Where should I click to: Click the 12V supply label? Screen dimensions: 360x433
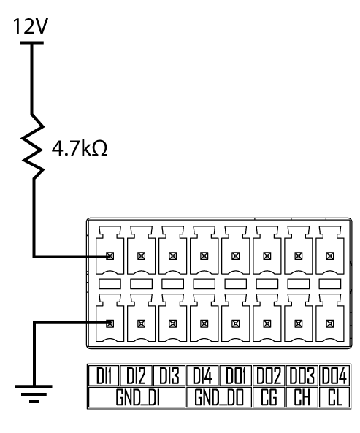[31, 26]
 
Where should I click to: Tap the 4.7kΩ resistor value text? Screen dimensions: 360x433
[80, 148]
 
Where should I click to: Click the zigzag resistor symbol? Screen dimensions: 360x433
[34, 146]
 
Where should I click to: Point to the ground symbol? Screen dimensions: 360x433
[34, 394]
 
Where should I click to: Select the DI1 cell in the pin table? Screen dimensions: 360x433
[104, 375]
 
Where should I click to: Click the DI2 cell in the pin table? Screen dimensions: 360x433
[136, 375]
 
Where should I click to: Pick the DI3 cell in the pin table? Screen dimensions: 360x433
[169, 375]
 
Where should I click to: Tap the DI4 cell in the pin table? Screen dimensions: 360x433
[203, 375]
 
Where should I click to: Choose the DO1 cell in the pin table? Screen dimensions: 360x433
[235, 375]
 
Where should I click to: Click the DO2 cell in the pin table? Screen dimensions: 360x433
[269, 375]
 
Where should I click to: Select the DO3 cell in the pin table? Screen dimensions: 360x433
[302, 375]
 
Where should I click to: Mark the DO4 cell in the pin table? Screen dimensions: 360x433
[334, 375]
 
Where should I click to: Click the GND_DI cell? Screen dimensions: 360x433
[137, 397]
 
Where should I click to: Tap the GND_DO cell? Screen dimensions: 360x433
[219, 397]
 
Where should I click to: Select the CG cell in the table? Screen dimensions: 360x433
[269, 397]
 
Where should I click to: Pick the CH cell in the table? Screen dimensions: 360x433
[302, 397]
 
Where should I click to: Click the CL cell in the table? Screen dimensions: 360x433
[334, 397]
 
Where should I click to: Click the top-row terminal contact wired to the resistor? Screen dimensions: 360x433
[110, 256]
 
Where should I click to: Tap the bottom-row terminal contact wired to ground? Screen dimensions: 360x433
[110, 323]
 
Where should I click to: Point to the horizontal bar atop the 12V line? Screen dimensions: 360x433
[31, 43]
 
